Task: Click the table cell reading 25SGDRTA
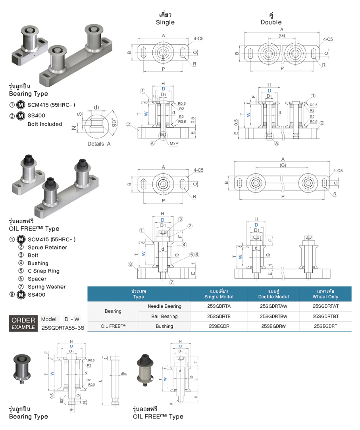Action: click(219, 306)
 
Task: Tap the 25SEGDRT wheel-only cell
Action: click(325, 326)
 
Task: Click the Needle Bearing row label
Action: click(164, 306)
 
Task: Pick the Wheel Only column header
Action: click(325, 294)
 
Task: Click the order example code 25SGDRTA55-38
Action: click(62, 328)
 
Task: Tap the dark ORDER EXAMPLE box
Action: click(23, 324)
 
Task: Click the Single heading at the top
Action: click(165, 22)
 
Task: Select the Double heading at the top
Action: click(271, 22)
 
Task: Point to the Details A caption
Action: click(99, 144)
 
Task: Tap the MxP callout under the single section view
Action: click(173, 144)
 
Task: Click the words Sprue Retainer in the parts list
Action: click(47, 248)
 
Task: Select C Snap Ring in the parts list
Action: click(43, 271)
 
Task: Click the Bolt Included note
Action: click(45, 124)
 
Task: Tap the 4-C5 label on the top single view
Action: click(199, 38)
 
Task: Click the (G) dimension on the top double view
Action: click(282, 35)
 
